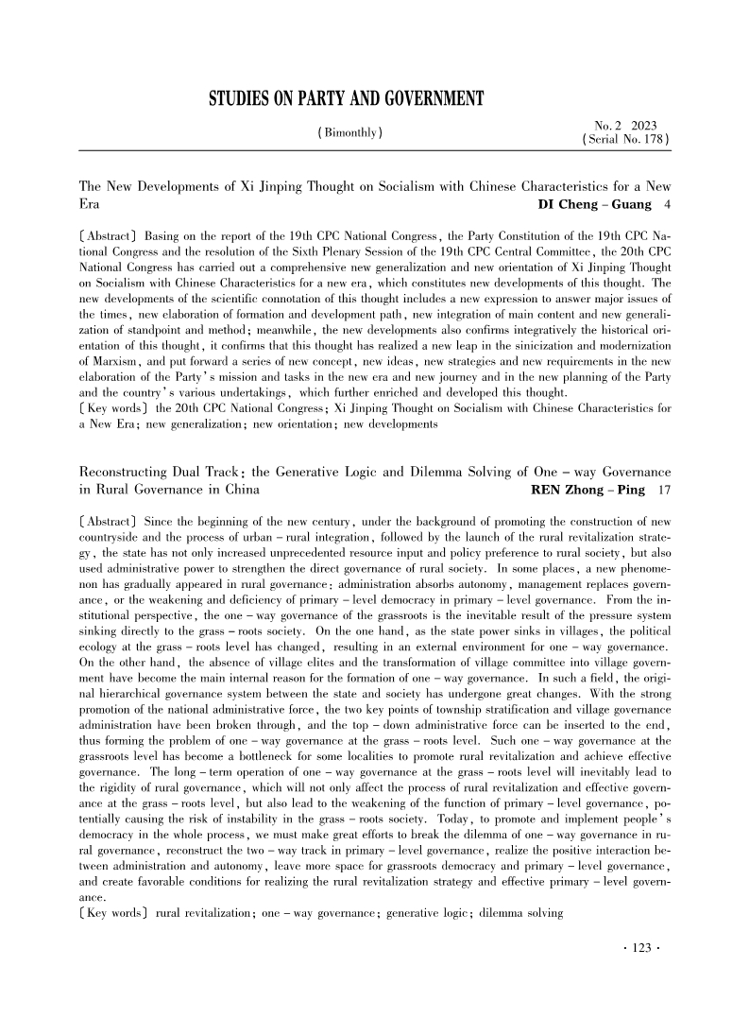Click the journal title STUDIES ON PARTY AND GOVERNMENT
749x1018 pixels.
346,99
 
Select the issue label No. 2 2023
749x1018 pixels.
625,126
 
